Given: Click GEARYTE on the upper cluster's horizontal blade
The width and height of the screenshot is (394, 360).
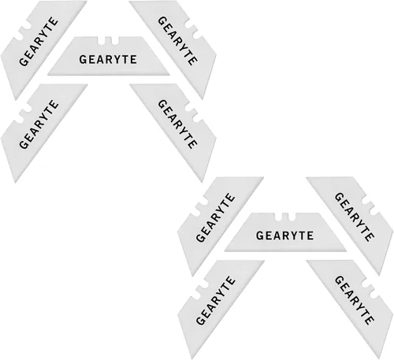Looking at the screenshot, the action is pos(108,60).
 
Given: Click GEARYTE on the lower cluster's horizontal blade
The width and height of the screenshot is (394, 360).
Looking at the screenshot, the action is pos(284,236).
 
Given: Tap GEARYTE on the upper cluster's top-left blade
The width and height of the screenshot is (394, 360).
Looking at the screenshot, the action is pos(39,42).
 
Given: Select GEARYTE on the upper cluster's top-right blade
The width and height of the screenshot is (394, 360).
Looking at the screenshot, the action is pos(177,41).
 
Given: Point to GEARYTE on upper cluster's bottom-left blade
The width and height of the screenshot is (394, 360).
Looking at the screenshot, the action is pos(39,124).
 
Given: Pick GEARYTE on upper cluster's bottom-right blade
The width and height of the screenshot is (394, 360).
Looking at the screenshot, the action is pos(177,124).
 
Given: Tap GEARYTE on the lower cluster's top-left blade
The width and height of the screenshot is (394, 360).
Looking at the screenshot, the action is pos(216,217).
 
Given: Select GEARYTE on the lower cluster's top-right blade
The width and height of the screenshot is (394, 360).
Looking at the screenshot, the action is pos(354,217).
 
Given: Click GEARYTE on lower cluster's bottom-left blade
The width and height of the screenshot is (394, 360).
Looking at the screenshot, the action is pos(216,300).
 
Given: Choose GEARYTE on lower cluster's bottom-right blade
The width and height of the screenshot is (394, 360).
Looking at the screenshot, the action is pos(354,300).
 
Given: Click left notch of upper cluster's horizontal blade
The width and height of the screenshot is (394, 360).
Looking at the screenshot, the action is pos(101,40).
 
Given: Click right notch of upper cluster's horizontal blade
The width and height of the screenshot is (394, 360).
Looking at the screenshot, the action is pos(114,40).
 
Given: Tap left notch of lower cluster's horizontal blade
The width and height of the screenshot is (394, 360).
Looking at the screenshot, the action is pos(277,217).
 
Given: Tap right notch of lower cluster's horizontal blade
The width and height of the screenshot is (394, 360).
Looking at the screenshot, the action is pos(291,217).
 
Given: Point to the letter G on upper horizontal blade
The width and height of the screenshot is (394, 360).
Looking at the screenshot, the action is pos(83,60).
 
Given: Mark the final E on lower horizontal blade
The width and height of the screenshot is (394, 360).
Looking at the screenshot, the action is pos(310,236).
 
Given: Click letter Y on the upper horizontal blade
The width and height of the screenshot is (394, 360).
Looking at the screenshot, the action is pos(117,60).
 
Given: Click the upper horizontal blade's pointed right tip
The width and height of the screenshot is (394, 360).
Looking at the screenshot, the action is pos(169,75).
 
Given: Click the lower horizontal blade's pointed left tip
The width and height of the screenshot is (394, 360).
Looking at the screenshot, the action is pos(225,251).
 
